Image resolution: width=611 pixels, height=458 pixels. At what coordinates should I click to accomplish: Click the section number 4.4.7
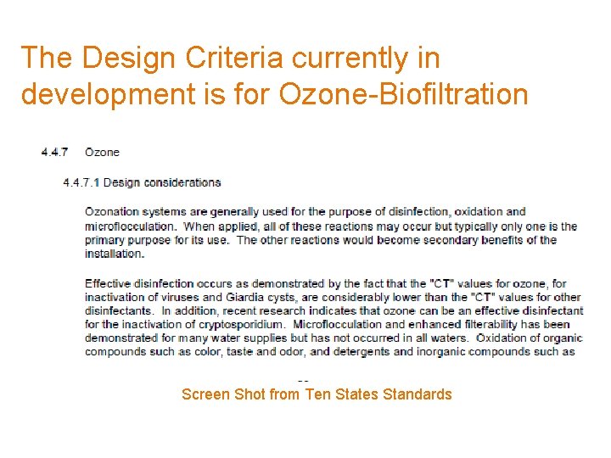coord(56,153)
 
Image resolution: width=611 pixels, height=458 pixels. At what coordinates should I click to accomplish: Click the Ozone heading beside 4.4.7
coord(102,153)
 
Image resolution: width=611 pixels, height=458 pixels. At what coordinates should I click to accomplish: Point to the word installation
coord(114,254)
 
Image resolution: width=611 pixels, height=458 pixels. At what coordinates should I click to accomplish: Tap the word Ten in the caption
coord(319,394)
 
